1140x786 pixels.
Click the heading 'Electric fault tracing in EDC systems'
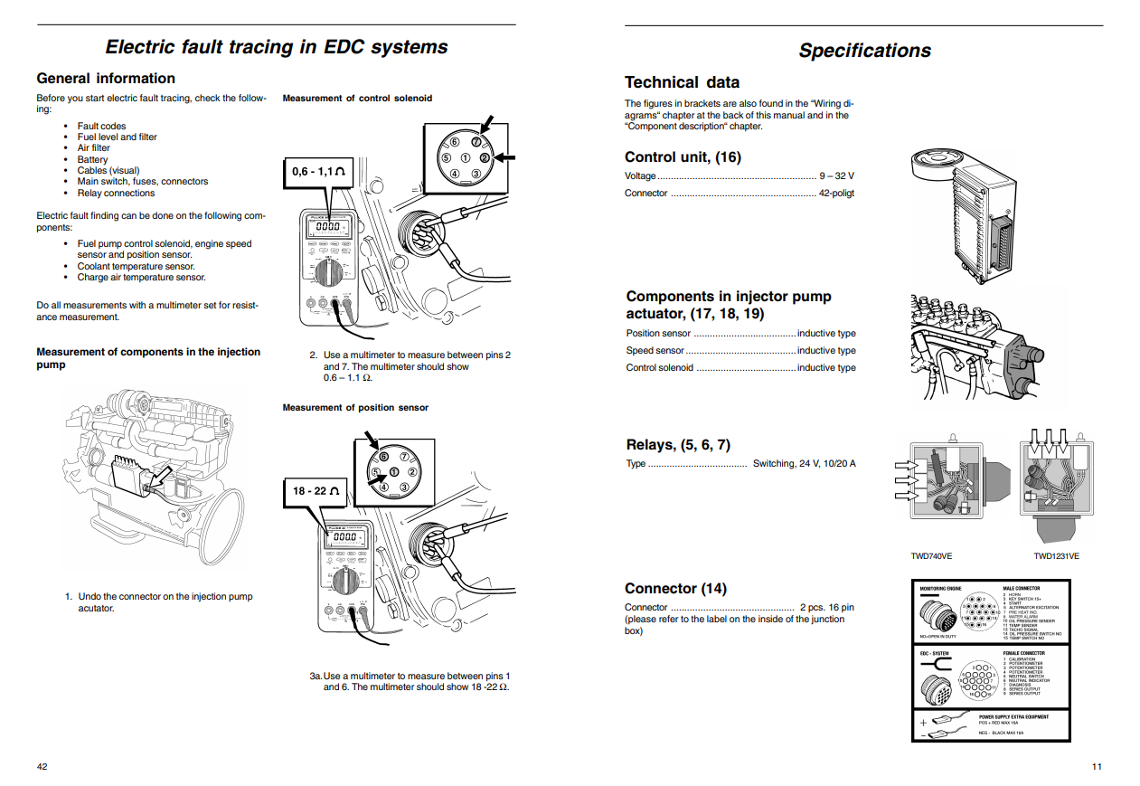pos(276,47)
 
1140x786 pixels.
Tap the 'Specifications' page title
pos(864,51)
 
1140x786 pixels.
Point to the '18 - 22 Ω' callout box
pos(316,490)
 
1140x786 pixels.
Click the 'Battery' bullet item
pos(92,159)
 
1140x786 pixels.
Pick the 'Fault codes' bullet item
pos(101,126)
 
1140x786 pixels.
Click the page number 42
pos(42,766)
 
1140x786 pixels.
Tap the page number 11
pos(1097,767)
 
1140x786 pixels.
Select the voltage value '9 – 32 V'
pos(836,176)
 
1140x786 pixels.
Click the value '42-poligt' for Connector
pos(836,193)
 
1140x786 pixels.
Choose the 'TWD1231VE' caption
pos(1056,556)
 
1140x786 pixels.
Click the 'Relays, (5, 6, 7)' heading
pos(678,444)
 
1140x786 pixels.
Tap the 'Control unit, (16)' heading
pos(683,156)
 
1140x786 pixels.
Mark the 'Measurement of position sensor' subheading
pos(355,408)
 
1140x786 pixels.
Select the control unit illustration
pos(963,213)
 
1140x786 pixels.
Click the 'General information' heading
pos(106,78)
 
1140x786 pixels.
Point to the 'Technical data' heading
pos(682,81)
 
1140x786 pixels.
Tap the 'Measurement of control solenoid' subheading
pos(357,98)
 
